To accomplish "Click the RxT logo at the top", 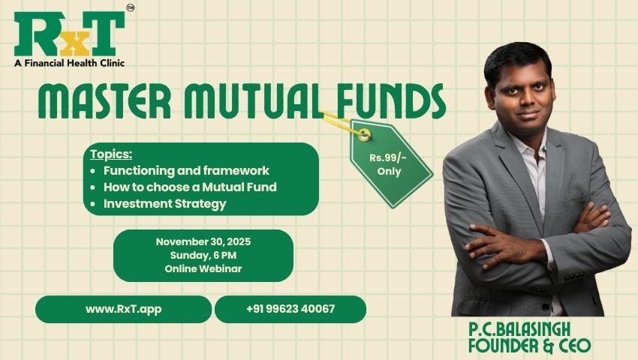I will [69, 33].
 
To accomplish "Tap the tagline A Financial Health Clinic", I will [68, 63].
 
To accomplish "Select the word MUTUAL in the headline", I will [251, 103].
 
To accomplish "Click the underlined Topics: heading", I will [111, 154].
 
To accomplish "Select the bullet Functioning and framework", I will [186, 171].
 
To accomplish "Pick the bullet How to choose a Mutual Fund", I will [190, 187].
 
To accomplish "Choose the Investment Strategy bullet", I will [164, 204].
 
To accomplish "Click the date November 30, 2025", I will [203, 242].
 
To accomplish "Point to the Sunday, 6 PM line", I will [203, 255].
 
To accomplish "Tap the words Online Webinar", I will [203, 268].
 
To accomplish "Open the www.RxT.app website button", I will [123, 309].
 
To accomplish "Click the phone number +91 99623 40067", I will [290, 309].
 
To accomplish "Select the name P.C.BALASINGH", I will [528, 330].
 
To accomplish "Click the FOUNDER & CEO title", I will [528, 346].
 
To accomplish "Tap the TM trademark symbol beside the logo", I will [131, 8].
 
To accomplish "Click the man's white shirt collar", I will [534, 150].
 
